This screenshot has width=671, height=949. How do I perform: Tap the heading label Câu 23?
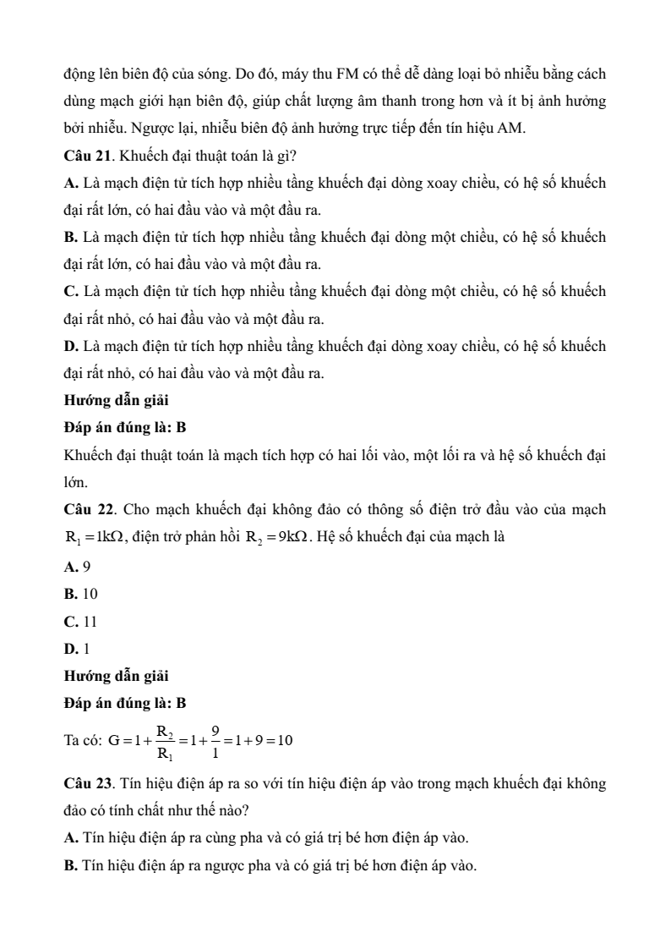click(x=86, y=783)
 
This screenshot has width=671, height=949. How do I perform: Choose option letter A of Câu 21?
click(x=70, y=183)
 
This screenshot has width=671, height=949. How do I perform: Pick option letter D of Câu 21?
click(x=70, y=346)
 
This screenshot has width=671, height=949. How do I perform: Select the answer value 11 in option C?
click(x=90, y=622)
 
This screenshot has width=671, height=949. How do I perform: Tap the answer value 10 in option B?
click(x=90, y=594)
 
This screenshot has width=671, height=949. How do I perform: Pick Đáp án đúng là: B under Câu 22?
click(x=125, y=702)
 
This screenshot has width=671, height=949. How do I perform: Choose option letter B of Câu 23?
click(x=69, y=864)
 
